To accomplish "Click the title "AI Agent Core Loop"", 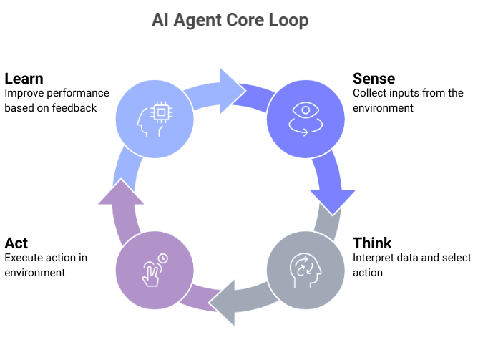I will coord(230,20).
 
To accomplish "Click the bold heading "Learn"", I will coord(24,78).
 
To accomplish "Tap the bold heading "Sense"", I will coord(374,78).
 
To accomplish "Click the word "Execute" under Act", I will coord(24,258).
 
